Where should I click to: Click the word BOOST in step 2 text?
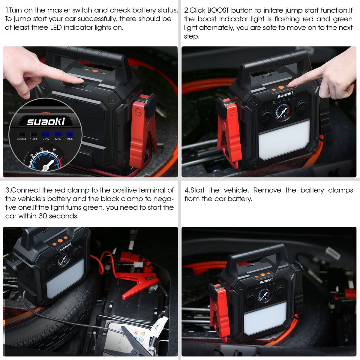pos(218,10)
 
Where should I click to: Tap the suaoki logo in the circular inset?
pos(46,121)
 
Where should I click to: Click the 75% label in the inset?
pos(46,139)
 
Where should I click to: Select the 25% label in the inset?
pos(70,139)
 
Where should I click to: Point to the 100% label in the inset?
pos(34,139)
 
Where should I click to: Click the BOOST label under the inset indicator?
pos(22,139)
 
